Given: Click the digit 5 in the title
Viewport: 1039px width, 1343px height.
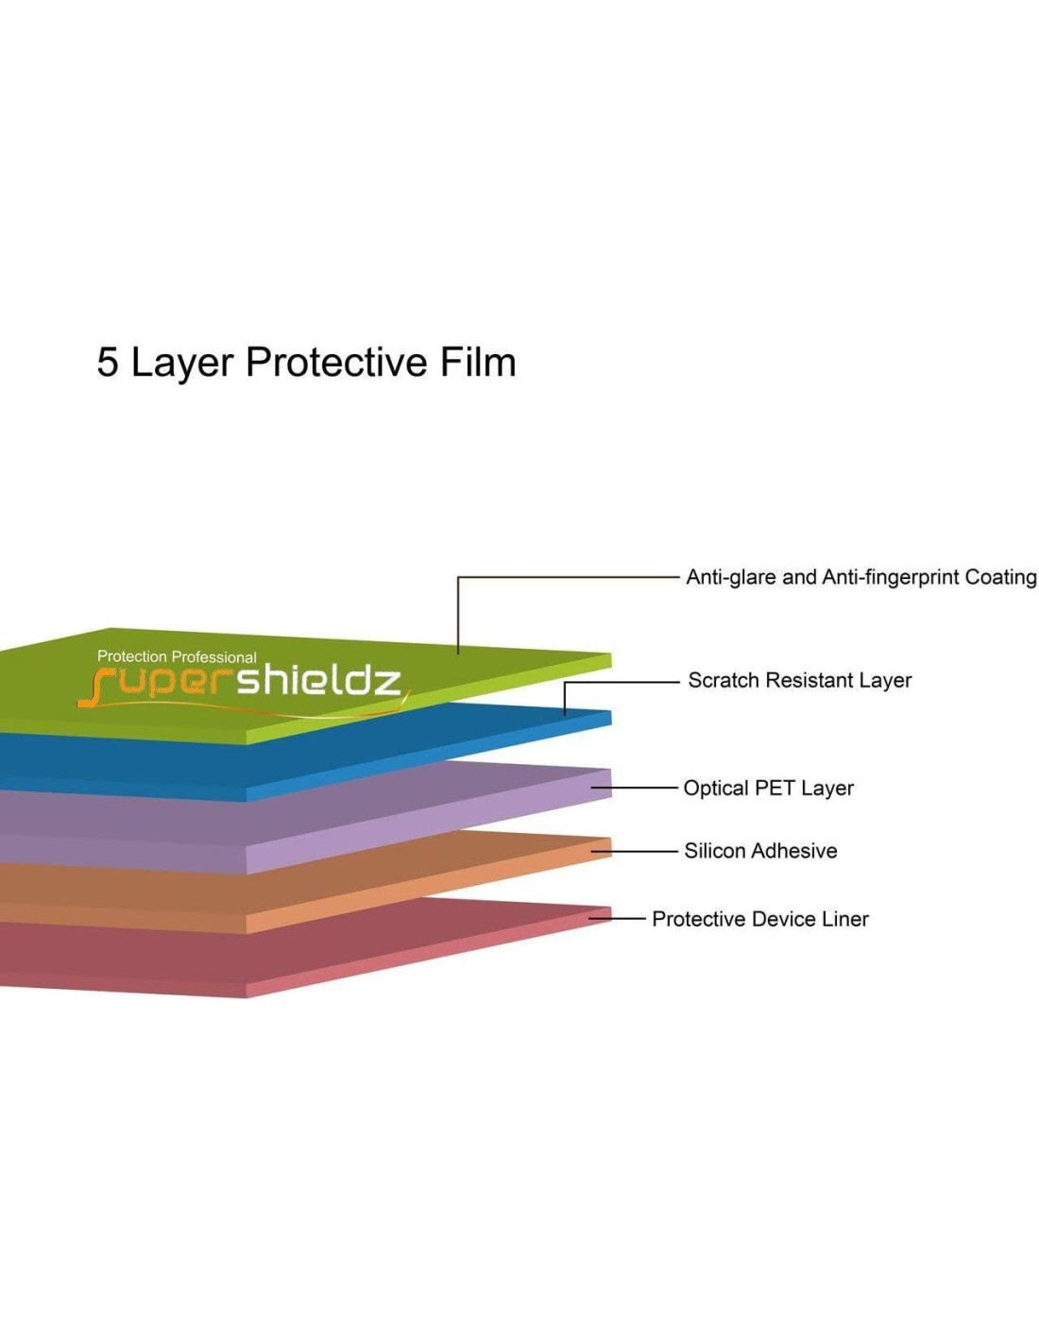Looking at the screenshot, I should pos(108,363).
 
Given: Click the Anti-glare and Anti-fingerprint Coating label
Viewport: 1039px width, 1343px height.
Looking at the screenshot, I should pos(860,577).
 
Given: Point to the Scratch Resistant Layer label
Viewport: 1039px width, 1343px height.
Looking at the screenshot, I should pos(799,680).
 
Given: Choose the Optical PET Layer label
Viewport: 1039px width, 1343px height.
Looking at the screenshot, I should pos(768,788).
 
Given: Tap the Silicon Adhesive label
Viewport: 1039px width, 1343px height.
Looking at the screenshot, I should pos(760,851).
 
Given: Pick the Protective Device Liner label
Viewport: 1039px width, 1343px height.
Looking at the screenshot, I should pos(759,919).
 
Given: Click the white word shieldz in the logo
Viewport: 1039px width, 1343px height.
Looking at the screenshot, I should pos(318,679).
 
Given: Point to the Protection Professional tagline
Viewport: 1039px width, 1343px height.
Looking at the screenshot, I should pos(177,656).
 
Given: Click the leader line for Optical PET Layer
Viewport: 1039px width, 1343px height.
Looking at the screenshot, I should pos(636,788).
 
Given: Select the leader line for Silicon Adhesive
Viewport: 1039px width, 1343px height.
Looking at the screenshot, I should pos(636,851).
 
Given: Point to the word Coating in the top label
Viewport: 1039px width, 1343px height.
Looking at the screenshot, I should pos(1000,577).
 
